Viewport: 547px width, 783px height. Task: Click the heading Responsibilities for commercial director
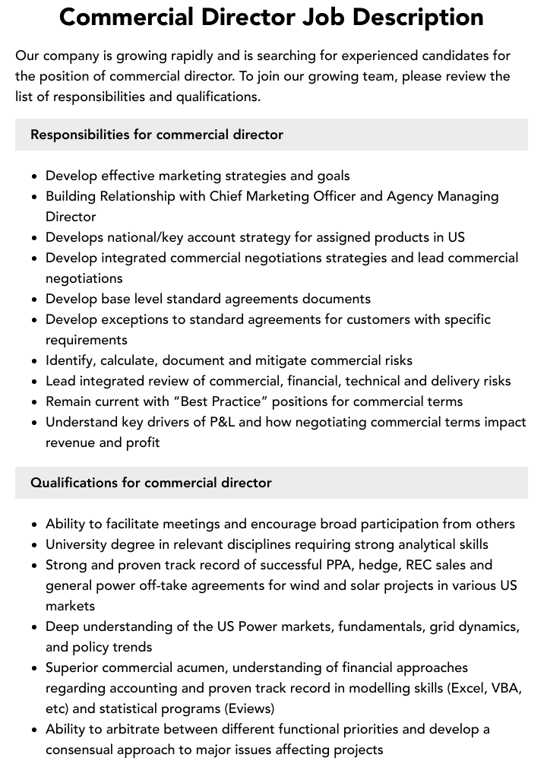point(157,135)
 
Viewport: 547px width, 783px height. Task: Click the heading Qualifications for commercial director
point(150,483)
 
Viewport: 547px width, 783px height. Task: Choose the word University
point(77,544)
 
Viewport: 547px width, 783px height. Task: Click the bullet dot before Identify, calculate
point(35,361)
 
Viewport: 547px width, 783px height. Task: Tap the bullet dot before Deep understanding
point(35,627)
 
